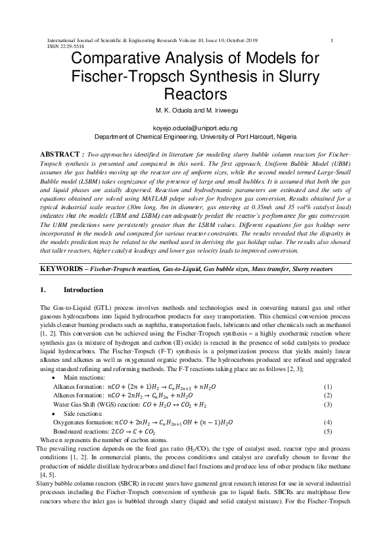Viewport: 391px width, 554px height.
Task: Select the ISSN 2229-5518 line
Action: tap(67, 47)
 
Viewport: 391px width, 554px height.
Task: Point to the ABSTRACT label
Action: tap(64, 153)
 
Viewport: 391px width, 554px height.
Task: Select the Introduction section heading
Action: tap(83, 290)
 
